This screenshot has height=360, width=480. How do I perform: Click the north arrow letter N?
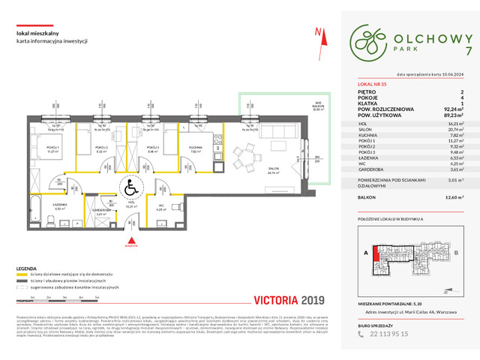(319, 31)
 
